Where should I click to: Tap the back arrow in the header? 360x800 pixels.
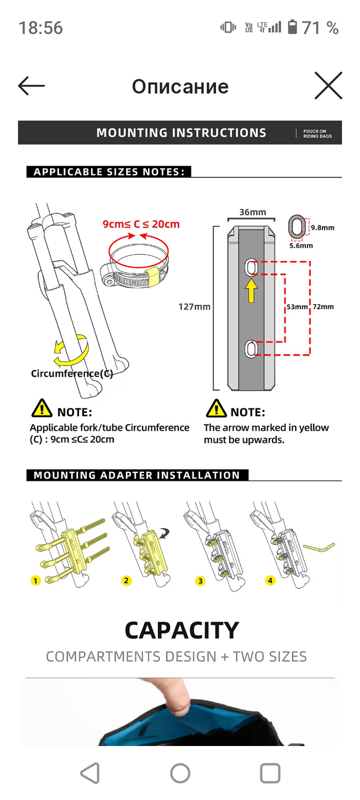[x=31, y=86]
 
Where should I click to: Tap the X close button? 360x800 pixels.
[x=328, y=86]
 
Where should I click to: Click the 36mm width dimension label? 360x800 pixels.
[x=252, y=212]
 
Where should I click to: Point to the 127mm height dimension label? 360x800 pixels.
[x=194, y=307]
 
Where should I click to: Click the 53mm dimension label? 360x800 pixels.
[x=297, y=307]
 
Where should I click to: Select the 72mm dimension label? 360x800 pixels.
[x=323, y=307]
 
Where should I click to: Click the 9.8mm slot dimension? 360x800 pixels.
[x=322, y=227]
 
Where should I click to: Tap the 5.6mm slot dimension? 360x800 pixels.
[x=301, y=246]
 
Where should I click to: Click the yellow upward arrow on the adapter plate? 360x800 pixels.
[x=251, y=291]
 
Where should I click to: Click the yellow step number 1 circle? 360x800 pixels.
[x=35, y=581]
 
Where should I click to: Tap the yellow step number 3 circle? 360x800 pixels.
[x=201, y=581]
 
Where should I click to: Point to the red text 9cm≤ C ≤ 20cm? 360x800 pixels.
[x=141, y=224]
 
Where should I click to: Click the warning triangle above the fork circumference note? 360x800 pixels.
[x=42, y=410]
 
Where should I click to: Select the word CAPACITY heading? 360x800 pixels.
[x=182, y=630]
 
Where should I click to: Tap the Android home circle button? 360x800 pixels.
[x=180, y=773]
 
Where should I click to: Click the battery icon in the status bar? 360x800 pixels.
[x=293, y=27]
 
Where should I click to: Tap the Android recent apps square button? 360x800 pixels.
[x=270, y=773]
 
